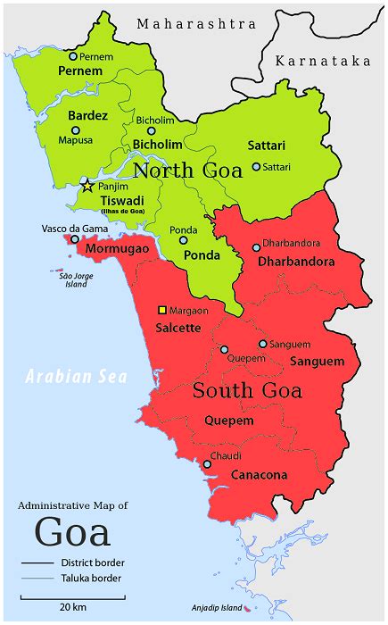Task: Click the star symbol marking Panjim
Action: [87, 187]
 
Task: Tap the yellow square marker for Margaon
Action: [161, 310]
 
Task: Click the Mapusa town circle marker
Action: [75, 130]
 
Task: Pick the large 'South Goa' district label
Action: [247, 391]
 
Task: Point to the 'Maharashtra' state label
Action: [195, 24]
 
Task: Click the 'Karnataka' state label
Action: [322, 61]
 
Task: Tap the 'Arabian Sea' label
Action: [76, 376]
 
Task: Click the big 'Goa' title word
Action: [72, 532]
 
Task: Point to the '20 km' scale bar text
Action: [72, 607]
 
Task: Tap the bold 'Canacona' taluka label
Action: [259, 475]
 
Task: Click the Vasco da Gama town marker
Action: [73, 239]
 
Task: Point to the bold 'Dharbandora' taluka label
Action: [295, 262]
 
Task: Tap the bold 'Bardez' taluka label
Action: [87, 115]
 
